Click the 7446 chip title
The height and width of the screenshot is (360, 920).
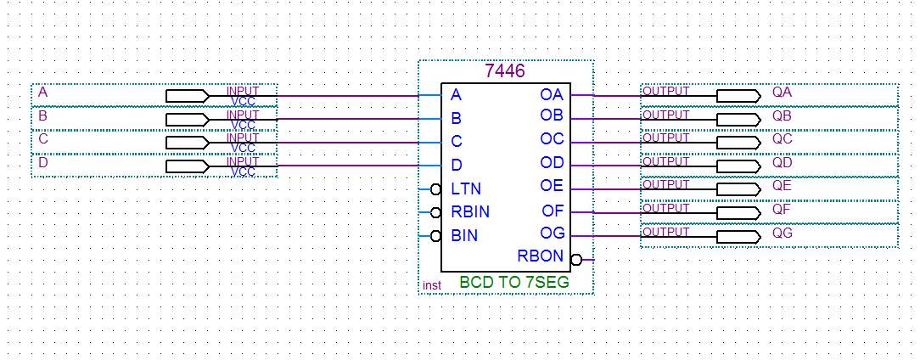[x=505, y=71]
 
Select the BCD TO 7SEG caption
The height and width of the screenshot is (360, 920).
[x=514, y=282]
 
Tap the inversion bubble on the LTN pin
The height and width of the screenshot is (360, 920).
[x=435, y=189]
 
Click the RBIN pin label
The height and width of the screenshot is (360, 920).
[x=470, y=212]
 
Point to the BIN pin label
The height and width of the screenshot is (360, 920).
[x=464, y=236]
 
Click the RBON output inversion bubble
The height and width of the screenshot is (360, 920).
[x=576, y=260]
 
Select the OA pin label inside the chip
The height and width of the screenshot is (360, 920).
[x=552, y=95]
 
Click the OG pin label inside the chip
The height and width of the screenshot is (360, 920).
[x=552, y=233]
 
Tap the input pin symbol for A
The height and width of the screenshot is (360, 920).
[x=187, y=95]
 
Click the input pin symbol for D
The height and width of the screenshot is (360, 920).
[x=187, y=166]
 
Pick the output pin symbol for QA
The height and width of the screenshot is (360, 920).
[x=738, y=95]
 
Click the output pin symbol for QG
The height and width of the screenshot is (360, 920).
[x=738, y=236]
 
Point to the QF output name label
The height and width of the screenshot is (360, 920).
[x=782, y=208]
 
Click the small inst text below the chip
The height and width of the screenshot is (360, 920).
[x=432, y=285]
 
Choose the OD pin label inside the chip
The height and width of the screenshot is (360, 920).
[x=552, y=163]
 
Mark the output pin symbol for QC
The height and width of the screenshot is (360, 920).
[x=738, y=142]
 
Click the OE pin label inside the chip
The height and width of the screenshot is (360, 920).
[x=552, y=187]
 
